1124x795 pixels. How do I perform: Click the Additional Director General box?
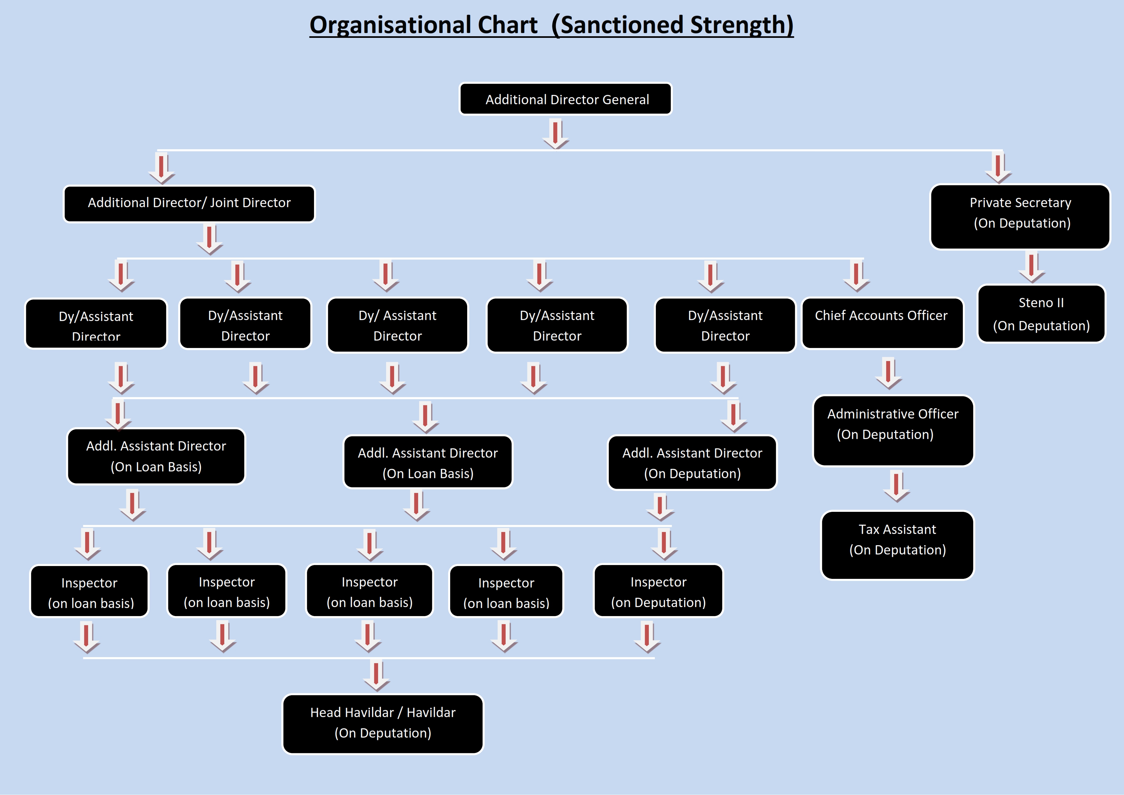pyautogui.click(x=566, y=99)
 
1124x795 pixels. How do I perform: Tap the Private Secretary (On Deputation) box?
pyautogui.click(x=1020, y=216)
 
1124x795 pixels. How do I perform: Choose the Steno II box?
pyautogui.click(x=1041, y=314)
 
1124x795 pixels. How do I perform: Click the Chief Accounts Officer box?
pyautogui.click(x=882, y=323)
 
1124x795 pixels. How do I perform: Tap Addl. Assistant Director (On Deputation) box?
pyautogui.click(x=692, y=462)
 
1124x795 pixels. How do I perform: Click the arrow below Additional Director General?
pyautogui.click(x=556, y=133)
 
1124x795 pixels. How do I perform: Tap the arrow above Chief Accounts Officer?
pyautogui.click(x=856, y=276)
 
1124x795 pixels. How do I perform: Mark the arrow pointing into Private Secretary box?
pyautogui.click(x=998, y=167)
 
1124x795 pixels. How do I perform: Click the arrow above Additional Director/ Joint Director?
pyautogui.click(x=161, y=168)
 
